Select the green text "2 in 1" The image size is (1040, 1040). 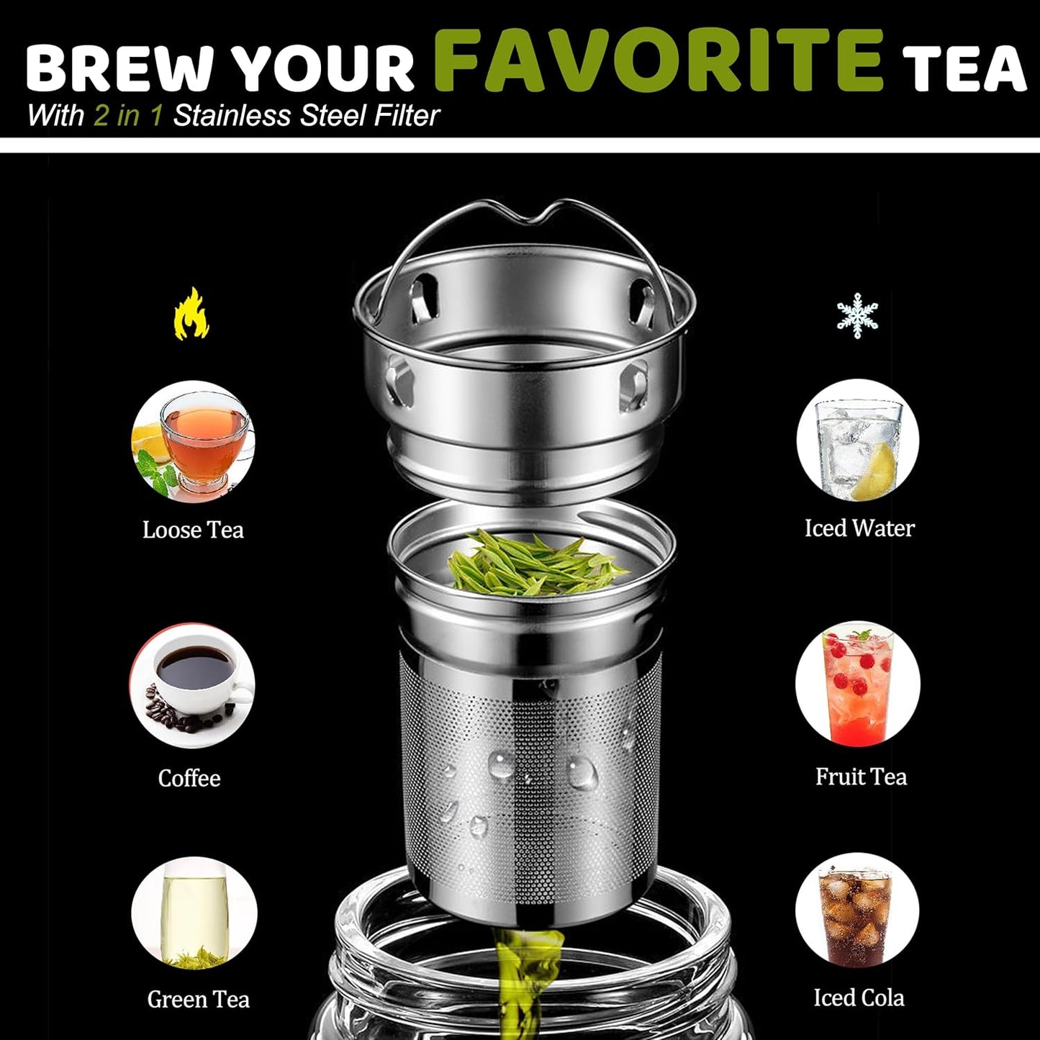128,116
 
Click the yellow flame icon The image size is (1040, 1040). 191,314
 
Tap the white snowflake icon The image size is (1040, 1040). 857,315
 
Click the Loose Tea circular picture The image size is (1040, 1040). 193,441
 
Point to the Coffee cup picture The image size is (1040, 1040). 192,685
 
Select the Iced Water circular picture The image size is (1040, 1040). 858,440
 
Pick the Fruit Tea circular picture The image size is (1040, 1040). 858,684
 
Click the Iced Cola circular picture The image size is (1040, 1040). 857,914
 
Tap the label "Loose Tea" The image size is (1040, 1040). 193,530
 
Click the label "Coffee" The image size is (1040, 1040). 189,778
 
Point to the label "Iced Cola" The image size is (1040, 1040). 859,998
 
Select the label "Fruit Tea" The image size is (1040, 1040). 861,777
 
